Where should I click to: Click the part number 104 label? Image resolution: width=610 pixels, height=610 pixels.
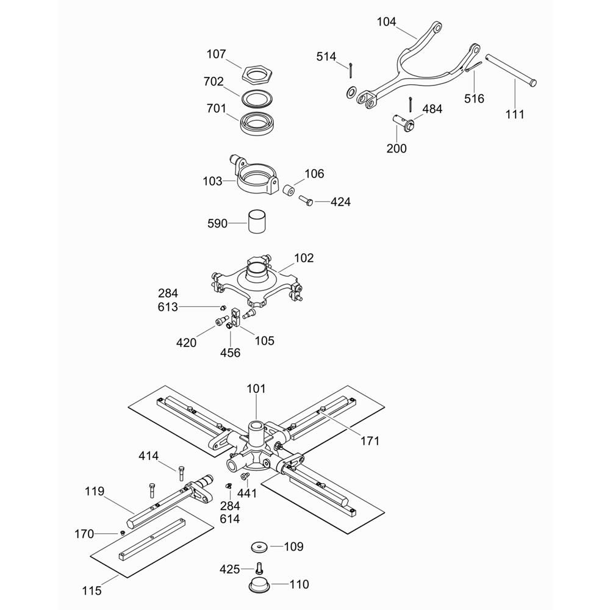[386, 22]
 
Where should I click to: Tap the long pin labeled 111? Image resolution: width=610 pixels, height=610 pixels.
[511, 69]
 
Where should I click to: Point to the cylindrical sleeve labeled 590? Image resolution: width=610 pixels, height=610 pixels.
[257, 222]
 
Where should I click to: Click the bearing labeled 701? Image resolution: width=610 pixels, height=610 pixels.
[256, 123]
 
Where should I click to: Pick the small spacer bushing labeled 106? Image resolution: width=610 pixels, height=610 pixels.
[289, 191]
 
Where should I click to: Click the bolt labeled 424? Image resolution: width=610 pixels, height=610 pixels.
[306, 200]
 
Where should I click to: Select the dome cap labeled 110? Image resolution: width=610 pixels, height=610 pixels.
[259, 584]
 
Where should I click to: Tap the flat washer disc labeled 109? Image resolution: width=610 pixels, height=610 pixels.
[259, 547]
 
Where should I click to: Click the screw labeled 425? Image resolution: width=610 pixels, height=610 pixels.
[259, 569]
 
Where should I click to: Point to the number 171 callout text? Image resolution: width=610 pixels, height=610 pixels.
[370, 441]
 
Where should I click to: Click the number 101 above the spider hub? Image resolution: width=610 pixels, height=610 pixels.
[256, 389]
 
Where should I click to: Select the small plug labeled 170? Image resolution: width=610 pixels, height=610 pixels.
[122, 533]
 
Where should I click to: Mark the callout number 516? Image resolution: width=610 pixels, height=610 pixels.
[474, 98]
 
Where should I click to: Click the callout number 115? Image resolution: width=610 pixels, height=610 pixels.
[92, 590]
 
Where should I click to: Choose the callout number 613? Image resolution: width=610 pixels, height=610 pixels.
[168, 307]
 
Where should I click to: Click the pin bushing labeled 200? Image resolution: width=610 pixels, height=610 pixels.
[403, 123]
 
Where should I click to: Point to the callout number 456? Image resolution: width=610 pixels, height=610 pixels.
[231, 353]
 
